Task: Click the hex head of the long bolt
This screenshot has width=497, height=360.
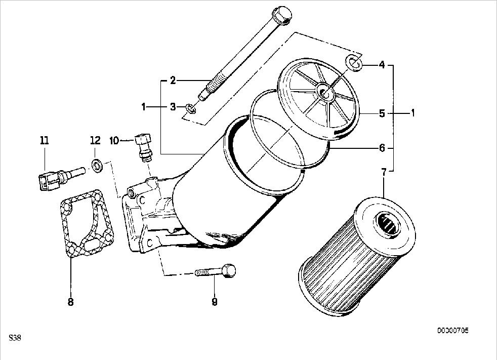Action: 282,15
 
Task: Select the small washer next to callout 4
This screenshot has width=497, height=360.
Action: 354,62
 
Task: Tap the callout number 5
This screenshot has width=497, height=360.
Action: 382,113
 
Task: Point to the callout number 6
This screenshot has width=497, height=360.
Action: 382,148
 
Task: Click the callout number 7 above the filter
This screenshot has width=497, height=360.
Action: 384,173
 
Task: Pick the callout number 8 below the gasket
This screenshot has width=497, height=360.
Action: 70,302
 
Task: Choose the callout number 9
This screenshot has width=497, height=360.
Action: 215,302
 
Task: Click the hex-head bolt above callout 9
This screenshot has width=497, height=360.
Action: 216,271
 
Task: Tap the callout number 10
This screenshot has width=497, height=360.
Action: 114,140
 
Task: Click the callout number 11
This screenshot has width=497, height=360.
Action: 45,140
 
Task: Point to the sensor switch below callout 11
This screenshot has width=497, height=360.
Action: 60,179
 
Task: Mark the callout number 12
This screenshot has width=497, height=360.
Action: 95,140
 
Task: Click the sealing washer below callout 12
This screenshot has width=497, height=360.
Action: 97,166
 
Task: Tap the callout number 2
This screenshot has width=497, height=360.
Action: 173,81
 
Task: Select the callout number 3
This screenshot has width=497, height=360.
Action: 173,107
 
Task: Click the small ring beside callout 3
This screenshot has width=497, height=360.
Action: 191,108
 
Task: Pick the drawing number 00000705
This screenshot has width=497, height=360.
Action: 453,331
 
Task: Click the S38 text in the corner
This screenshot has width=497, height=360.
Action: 15,338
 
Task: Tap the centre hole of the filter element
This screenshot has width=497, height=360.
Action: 388,224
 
